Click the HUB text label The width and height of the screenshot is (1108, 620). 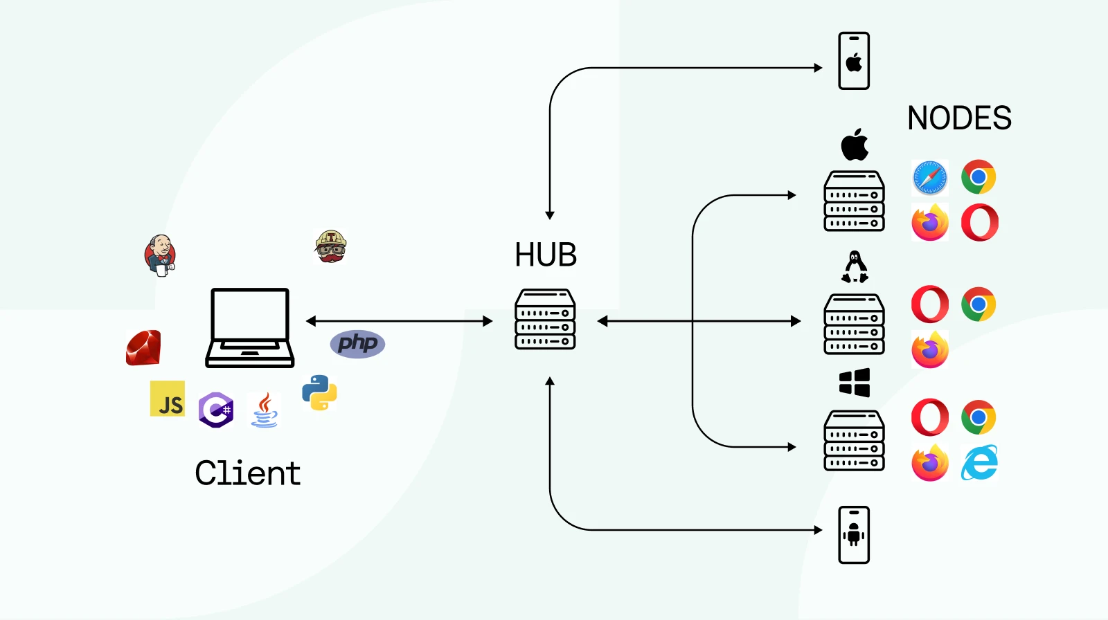pyautogui.click(x=546, y=255)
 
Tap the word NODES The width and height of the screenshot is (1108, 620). pyautogui.click(x=959, y=118)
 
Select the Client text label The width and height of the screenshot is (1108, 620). pyautogui.click(x=248, y=473)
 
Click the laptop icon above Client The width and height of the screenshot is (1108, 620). pyautogui.click(x=250, y=327)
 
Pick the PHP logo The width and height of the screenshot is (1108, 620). pyautogui.click(x=357, y=343)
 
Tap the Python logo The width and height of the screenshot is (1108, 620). pyautogui.click(x=319, y=392)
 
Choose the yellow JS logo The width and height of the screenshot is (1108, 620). pyautogui.click(x=168, y=399)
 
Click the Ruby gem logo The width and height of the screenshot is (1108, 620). pyautogui.click(x=143, y=347)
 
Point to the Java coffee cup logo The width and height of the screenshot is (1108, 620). pyautogui.click(x=265, y=410)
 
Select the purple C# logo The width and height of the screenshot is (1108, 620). pyautogui.click(x=216, y=410)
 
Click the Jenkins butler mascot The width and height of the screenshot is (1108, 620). pyautogui.click(x=161, y=255)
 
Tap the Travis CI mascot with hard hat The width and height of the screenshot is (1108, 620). pyautogui.click(x=330, y=247)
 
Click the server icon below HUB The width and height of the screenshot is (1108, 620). pyautogui.click(x=545, y=319)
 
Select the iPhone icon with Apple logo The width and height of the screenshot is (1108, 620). pyautogui.click(x=854, y=61)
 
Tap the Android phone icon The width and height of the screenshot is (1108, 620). pyautogui.click(x=854, y=535)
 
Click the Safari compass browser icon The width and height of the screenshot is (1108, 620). pyautogui.click(x=929, y=178)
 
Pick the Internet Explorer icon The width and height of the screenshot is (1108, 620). pyautogui.click(x=979, y=462)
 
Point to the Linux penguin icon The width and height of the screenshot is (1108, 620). pyautogui.click(x=855, y=267)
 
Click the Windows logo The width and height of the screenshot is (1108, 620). pyautogui.click(x=855, y=382)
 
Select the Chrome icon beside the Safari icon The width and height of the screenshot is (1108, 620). pyautogui.click(x=979, y=177)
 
